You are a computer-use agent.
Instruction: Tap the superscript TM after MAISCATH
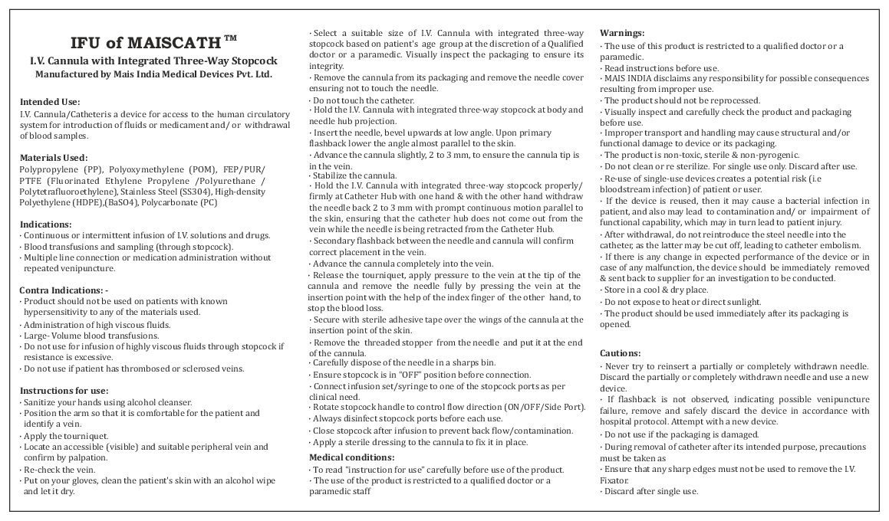point(230,37)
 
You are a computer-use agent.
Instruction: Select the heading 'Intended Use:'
point(50,101)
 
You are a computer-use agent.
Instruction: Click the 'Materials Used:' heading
point(54,158)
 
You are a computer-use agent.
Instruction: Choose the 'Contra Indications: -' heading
point(64,290)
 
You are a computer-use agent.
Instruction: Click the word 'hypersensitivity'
point(54,313)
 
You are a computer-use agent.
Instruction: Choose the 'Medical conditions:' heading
point(351,457)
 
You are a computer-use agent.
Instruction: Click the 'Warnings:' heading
point(622,33)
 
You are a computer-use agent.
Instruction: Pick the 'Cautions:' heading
point(620,353)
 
